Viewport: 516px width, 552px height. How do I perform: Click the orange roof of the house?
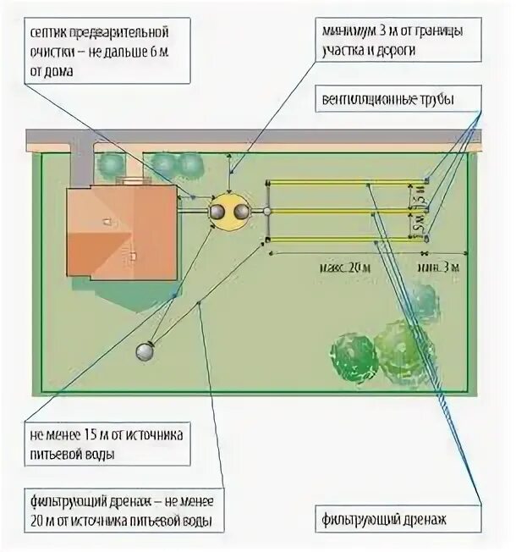pos(118,233)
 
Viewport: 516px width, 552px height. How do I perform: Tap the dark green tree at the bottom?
pos(353,357)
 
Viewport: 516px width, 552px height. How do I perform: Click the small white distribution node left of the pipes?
pos(267,211)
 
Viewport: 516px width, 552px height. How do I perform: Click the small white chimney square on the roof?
pos(107,221)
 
